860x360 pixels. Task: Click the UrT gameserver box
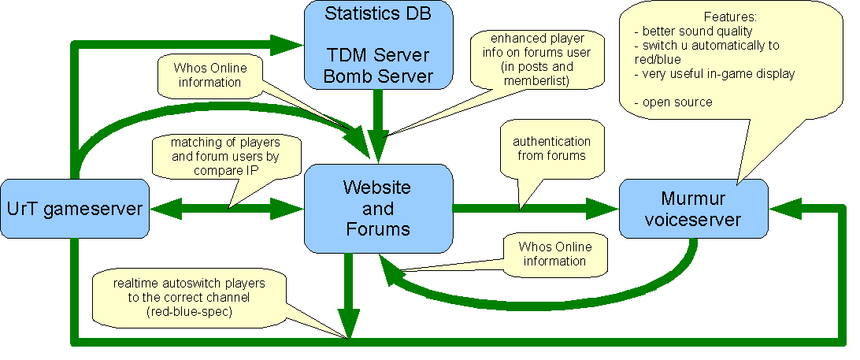[x=75, y=209]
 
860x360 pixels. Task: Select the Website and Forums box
[x=378, y=208]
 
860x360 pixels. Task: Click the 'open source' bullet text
[x=677, y=102]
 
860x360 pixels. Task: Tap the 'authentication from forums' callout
[x=551, y=148]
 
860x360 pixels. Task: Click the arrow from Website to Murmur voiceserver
[x=536, y=209]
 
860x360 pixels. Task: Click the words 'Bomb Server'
[x=378, y=76]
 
